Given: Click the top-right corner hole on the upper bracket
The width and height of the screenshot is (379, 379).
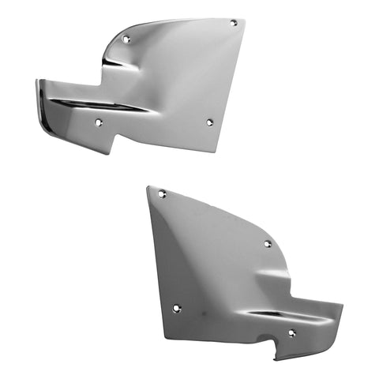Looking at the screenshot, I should click(x=233, y=23).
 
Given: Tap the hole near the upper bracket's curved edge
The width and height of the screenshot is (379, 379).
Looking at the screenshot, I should click(x=126, y=38).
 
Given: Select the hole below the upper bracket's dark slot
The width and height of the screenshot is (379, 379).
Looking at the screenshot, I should click(x=98, y=123).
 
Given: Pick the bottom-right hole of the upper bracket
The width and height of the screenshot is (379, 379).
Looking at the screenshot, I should click(x=209, y=122).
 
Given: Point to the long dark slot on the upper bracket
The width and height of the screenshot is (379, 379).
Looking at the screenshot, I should click(x=103, y=105).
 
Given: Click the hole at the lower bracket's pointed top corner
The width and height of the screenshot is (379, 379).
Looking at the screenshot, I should click(x=162, y=193).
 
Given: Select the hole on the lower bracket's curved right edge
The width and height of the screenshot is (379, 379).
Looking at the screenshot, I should click(x=268, y=244).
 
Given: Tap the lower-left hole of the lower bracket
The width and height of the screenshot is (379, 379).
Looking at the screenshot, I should click(x=176, y=309).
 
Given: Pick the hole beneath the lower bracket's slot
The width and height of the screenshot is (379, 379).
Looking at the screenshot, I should click(x=291, y=332).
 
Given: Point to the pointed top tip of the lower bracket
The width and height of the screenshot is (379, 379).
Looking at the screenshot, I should click(x=150, y=188).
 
